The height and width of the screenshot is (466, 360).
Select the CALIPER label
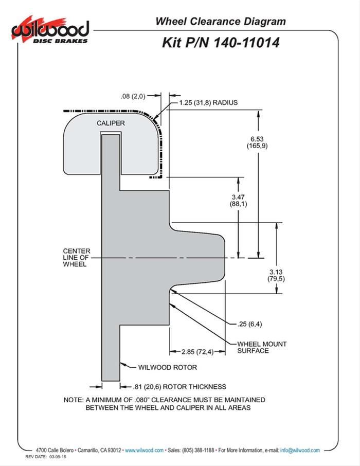tap(111, 123)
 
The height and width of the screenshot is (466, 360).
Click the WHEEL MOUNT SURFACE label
tap(262, 347)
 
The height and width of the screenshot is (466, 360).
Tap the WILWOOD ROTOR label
tap(167, 368)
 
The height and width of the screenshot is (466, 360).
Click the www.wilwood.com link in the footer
tap(144, 450)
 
